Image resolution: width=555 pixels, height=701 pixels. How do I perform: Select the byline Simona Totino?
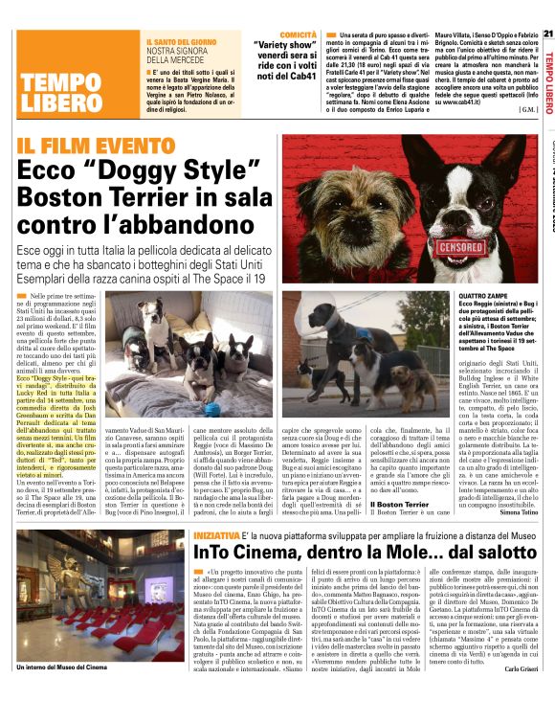coord(517,539)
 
